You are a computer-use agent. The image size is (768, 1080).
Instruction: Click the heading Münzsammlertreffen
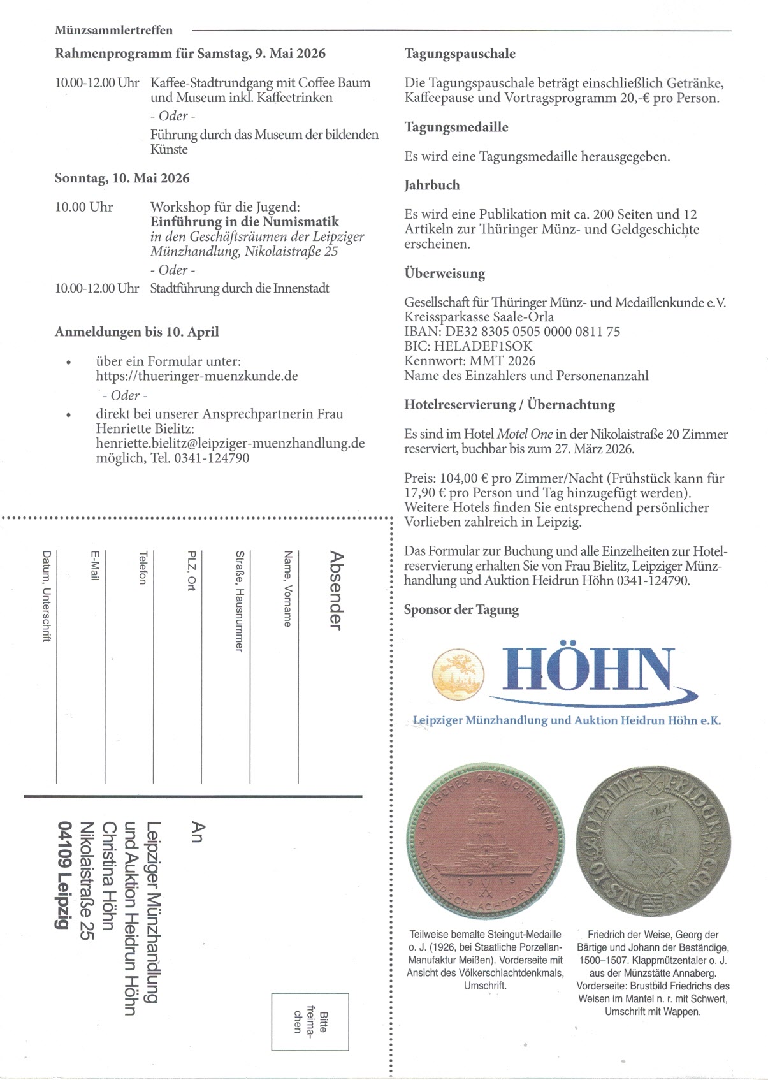(x=113, y=31)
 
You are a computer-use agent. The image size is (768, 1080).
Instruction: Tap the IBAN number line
(x=512, y=332)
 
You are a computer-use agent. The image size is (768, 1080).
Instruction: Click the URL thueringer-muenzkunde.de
(x=197, y=376)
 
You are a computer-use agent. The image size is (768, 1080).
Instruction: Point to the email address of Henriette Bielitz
(x=230, y=443)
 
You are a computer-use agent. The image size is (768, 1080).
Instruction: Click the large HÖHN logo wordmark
(x=589, y=670)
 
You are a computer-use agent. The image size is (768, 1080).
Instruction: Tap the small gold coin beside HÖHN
(x=458, y=675)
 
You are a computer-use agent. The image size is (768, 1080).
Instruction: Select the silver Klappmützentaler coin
(x=653, y=842)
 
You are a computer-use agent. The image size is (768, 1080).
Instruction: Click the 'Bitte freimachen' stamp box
(x=310, y=1021)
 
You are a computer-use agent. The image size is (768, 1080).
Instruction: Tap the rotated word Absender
(x=336, y=590)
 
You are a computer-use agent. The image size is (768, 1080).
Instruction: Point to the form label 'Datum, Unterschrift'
(x=46, y=596)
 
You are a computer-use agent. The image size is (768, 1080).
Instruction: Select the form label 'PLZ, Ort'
(x=191, y=571)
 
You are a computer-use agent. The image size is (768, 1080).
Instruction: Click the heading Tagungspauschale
(x=460, y=54)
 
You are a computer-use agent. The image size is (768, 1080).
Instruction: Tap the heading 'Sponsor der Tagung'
(x=461, y=609)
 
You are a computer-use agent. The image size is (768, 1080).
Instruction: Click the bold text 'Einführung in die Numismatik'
(x=244, y=222)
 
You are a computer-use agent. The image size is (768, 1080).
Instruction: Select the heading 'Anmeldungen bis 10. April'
(x=136, y=332)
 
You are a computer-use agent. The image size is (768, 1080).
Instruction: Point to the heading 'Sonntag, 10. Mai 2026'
(x=122, y=179)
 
